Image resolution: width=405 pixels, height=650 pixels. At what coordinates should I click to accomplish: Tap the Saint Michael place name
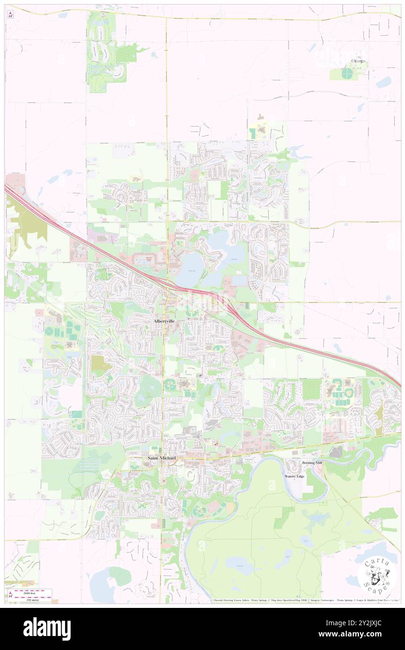pos(162,458)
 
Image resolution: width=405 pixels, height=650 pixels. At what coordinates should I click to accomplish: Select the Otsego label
pos(359,61)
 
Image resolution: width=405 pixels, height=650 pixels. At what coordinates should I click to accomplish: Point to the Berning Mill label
pos(312,462)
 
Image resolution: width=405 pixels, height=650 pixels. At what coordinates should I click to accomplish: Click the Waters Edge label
pos(295,476)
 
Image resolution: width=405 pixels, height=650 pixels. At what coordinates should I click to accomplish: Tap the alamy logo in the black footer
pos(47,628)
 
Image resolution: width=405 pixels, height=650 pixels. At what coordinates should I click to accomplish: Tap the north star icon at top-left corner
pos(10,14)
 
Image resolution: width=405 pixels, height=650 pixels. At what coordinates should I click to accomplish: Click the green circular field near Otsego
pos(347,73)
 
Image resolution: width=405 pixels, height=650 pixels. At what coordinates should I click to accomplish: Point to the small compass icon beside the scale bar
pos(10,595)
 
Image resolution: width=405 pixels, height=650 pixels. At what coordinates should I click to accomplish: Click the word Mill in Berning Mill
pos(319,462)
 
